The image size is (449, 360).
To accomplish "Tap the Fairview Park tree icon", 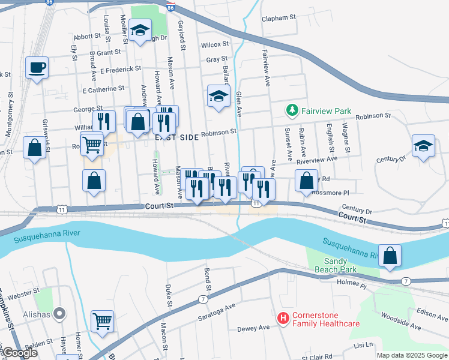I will (292, 111).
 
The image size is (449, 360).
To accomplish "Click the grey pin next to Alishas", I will (59, 313).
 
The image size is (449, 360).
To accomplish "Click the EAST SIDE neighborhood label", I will (176, 137).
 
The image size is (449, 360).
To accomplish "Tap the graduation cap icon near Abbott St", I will (140, 31).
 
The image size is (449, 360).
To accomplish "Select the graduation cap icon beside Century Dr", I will (424, 146).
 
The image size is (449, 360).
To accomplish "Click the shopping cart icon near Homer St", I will (102, 320).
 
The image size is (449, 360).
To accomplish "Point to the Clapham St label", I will (280, 19).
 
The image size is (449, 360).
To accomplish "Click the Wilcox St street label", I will (215, 44).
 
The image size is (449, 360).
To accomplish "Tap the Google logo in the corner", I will (20, 353).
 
